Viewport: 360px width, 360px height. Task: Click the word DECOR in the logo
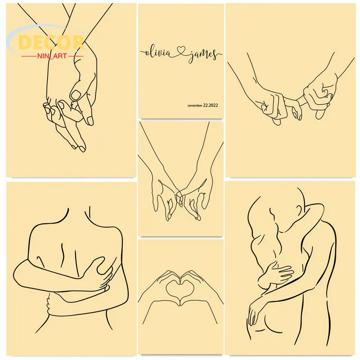(x=51, y=42)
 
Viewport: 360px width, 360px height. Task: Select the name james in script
(x=203, y=54)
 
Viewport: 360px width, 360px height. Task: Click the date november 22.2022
(x=202, y=105)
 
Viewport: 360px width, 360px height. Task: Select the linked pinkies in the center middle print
(x=179, y=195)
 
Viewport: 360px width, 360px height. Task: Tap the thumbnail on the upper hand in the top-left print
(x=76, y=95)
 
